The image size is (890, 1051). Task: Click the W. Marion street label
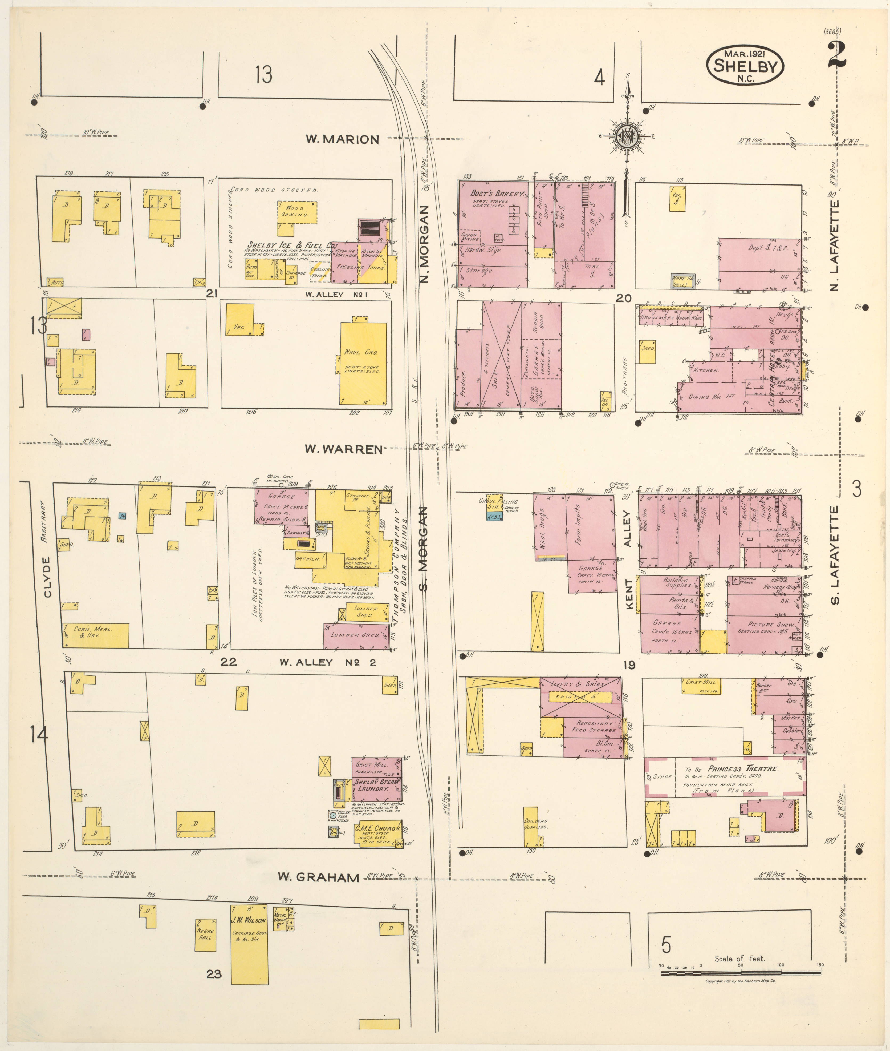pos(342,139)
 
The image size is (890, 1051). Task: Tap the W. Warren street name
pos(343,449)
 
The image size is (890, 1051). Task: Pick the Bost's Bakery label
pos(497,193)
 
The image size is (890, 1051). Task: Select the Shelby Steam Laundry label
pos(376,785)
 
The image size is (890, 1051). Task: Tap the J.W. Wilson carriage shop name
pos(249,920)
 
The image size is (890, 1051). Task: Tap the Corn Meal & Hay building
pos(95,635)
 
